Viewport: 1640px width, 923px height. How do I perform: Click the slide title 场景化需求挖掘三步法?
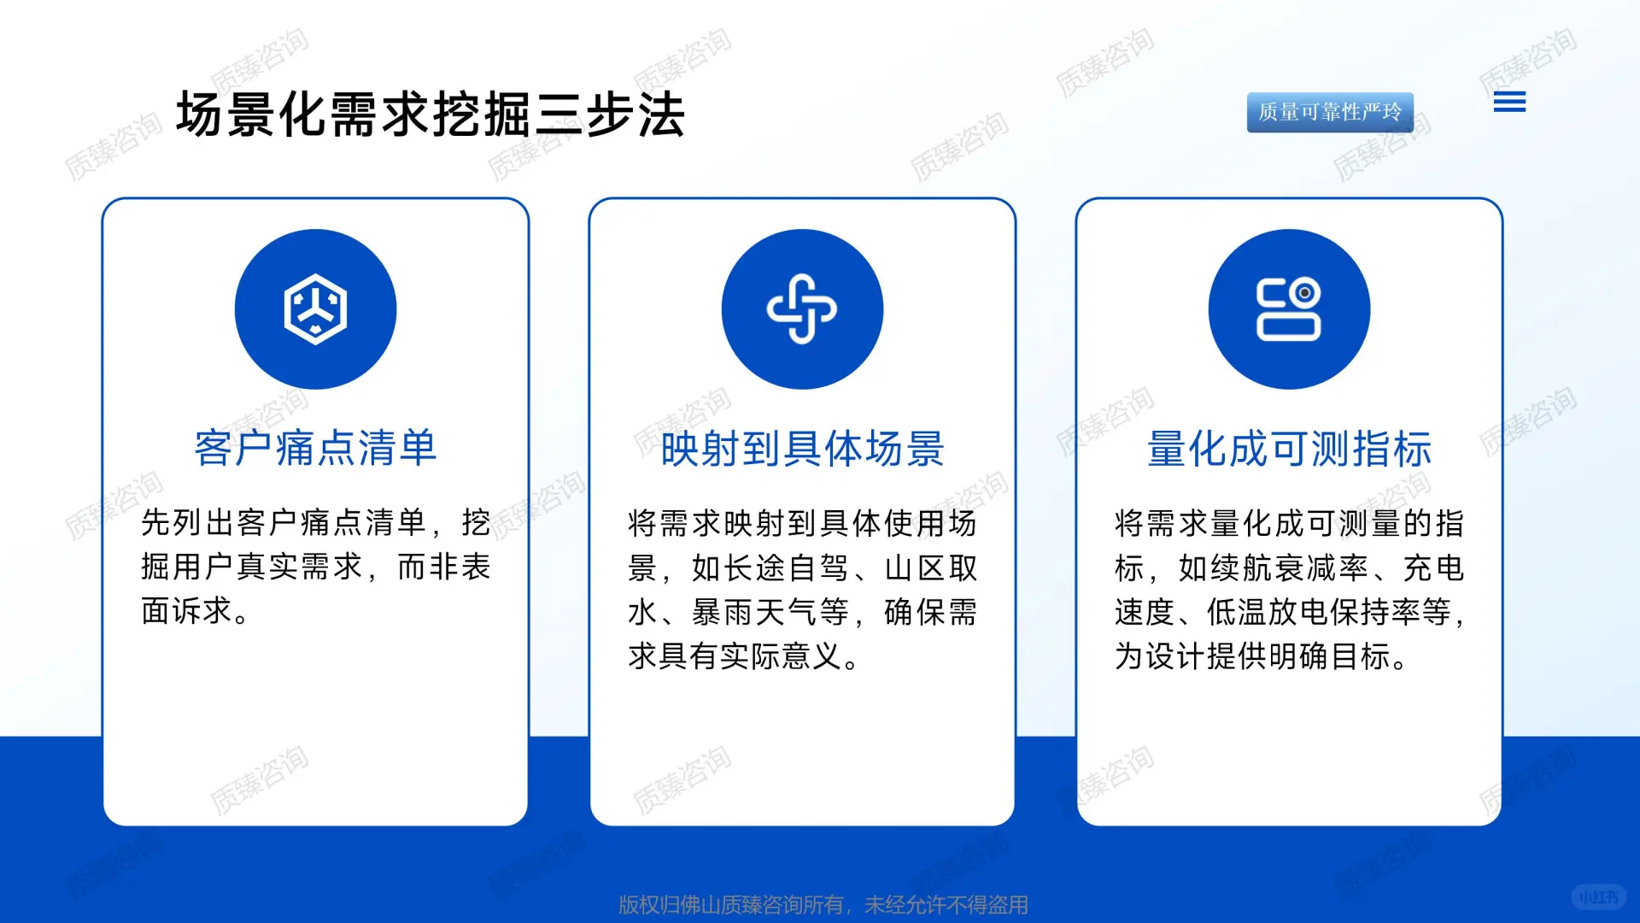click(430, 115)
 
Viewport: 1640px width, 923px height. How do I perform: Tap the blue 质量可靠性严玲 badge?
click(1329, 112)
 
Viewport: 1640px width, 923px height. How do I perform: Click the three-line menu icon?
click(1509, 103)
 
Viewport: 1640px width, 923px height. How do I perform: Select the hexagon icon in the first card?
click(315, 309)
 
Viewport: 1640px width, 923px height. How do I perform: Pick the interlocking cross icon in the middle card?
click(802, 309)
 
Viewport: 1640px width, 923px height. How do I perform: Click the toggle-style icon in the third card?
click(1288, 309)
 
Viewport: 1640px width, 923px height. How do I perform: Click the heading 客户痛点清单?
click(315, 448)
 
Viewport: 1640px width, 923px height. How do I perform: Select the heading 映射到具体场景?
click(802, 449)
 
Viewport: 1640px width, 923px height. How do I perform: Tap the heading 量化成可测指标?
click(1288, 449)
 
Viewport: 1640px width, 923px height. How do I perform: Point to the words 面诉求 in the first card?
click(187, 610)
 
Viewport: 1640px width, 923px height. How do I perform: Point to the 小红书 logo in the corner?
click(1597, 897)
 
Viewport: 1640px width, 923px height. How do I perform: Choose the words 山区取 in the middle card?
click(931, 567)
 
